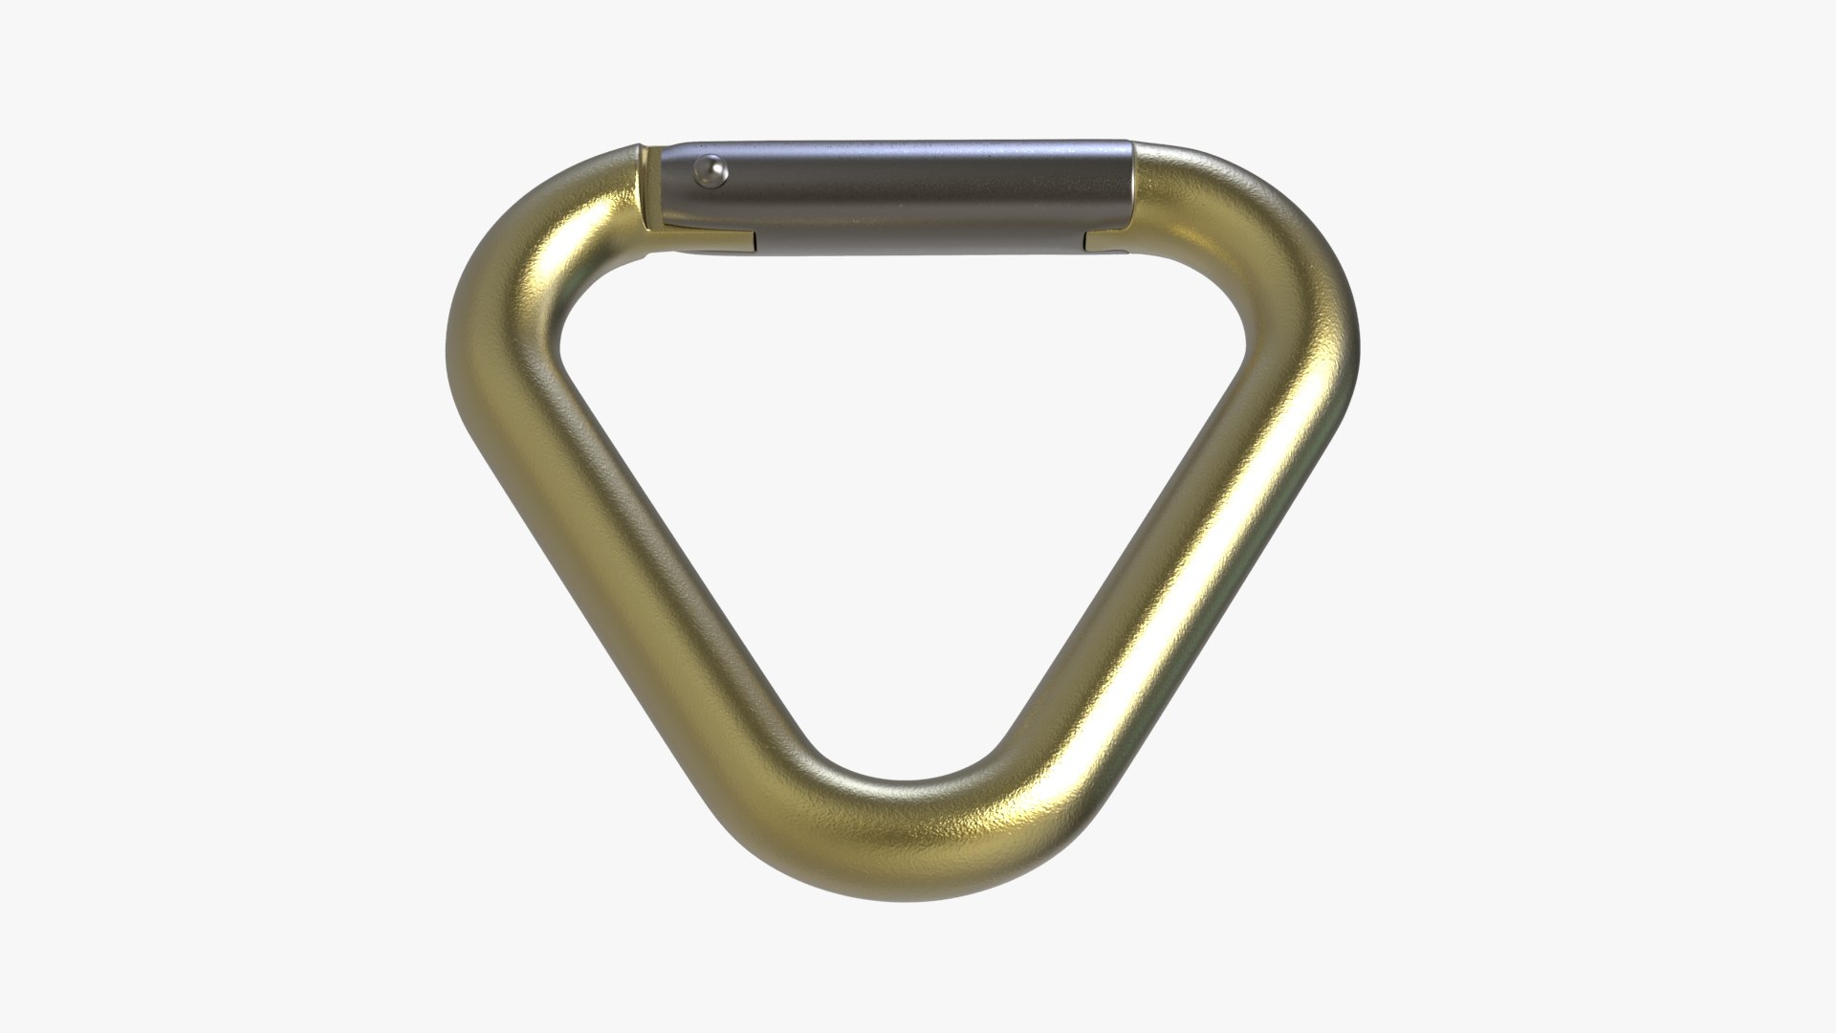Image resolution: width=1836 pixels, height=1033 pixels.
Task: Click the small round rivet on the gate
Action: [710, 170]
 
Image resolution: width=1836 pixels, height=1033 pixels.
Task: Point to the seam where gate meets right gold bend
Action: [1135, 196]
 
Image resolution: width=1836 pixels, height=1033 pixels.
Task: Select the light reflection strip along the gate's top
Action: [899, 150]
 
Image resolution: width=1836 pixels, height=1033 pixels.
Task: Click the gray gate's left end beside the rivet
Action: [679, 196]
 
